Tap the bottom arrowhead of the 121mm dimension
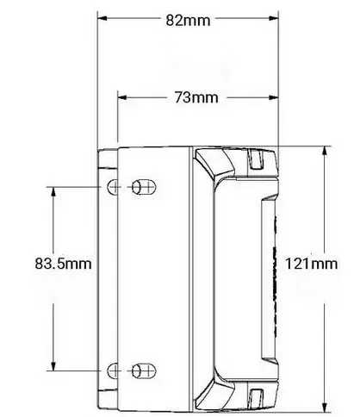coord(325,408)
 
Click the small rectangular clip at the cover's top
coord(256,160)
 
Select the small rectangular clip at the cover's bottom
coord(256,397)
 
